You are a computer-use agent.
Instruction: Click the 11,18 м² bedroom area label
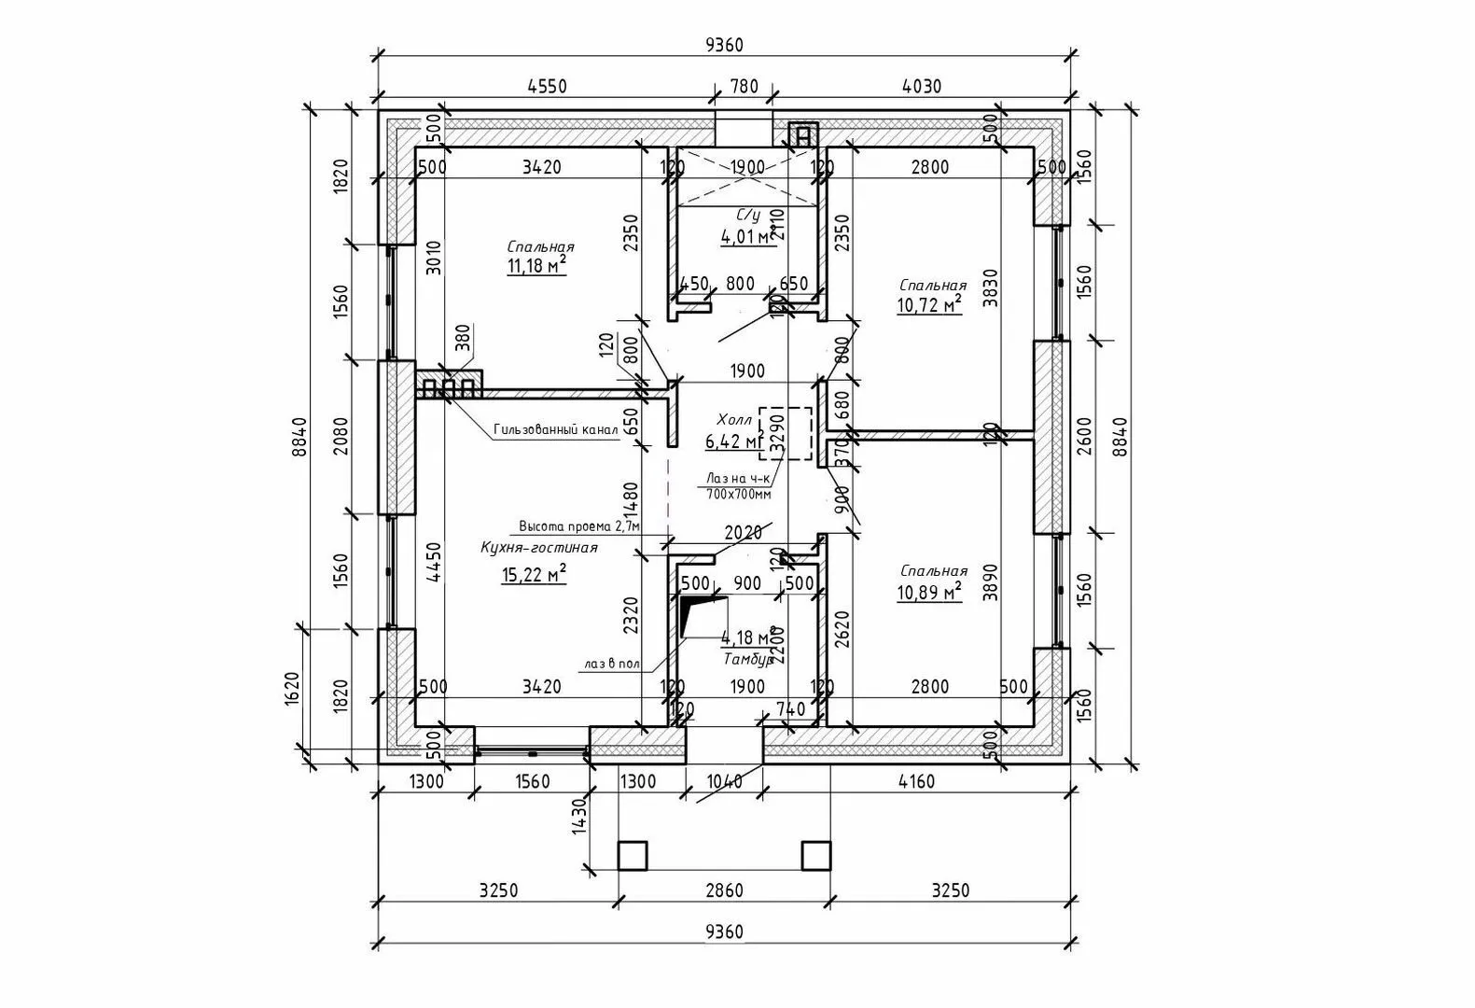536,267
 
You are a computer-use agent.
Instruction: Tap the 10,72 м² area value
928,305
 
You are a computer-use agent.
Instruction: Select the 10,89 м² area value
928,592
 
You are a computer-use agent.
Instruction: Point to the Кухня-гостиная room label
538,548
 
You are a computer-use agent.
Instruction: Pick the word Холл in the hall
733,418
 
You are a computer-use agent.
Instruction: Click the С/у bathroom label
748,216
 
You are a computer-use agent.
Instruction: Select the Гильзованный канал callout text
555,430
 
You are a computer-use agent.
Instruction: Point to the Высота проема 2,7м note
579,525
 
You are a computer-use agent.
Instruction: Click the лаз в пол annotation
612,664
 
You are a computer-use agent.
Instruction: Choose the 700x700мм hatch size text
738,494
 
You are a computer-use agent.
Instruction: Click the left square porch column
633,855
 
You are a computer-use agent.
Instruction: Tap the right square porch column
816,855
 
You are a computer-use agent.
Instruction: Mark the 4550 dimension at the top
547,87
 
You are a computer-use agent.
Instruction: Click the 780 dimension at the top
743,87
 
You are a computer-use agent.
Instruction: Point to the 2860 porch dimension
724,889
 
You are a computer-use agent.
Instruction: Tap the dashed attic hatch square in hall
786,433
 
